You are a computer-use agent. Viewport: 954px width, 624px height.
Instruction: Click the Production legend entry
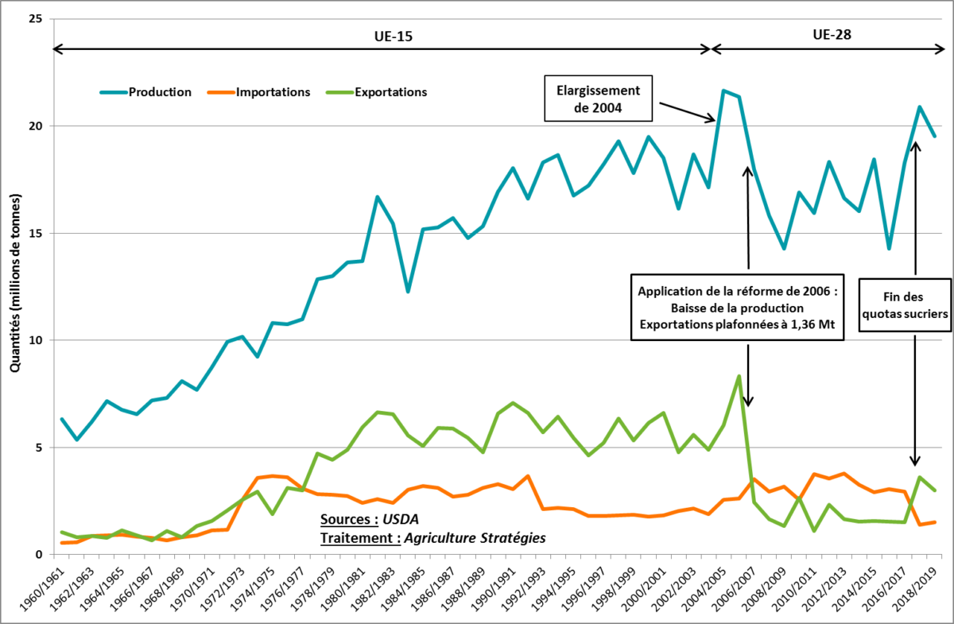(159, 92)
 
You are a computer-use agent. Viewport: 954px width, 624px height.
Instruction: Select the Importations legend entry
(273, 92)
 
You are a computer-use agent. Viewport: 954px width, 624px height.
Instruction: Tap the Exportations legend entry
(390, 92)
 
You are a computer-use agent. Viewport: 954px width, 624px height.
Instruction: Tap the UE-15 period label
(393, 37)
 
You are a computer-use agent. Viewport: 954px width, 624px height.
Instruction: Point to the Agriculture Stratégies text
(475, 538)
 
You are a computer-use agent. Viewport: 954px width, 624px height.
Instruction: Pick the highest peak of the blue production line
(723, 91)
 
